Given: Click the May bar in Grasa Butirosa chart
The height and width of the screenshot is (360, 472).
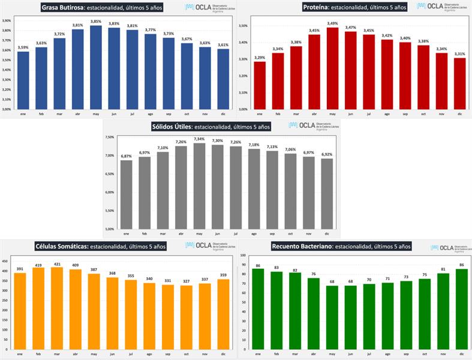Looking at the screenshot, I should (x=96, y=67).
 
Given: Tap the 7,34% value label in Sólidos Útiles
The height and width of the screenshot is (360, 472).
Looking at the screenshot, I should (x=199, y=139).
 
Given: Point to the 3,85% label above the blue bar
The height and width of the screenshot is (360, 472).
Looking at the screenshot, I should (x=96, y=22).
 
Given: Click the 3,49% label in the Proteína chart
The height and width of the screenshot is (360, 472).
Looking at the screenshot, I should (x=332, y=23).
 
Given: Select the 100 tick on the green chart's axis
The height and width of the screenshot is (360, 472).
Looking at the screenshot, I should (x=243, y=255).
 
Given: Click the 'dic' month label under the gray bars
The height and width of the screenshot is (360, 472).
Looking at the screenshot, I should (x=327, y=233).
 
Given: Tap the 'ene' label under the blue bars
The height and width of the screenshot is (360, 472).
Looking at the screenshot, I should (x=23, y=113).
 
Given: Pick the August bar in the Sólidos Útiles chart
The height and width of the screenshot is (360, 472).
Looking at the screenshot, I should (x=254, y=189).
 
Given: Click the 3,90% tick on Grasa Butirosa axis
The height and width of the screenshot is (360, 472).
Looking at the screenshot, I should (x=7, y=20).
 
